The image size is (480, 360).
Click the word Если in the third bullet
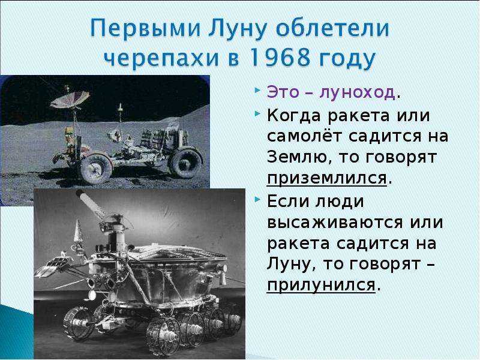pyautogui.click(x=286, y=200)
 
